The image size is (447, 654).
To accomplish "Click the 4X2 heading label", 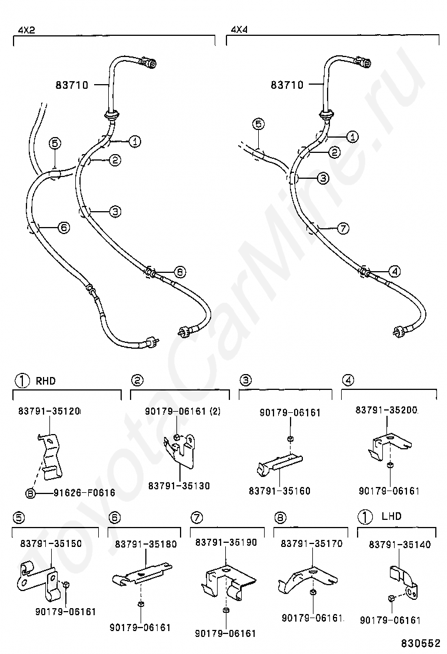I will click(26, 29).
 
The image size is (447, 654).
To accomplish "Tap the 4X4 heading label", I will click(239, 29).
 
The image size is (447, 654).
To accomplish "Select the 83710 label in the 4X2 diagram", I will click(72, 85).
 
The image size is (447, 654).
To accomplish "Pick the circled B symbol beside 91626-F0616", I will click(30, 493).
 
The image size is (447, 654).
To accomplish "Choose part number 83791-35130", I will click(179, 486).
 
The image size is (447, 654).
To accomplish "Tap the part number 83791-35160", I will click(279, 490).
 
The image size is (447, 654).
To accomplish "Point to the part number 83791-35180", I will click(146, 544).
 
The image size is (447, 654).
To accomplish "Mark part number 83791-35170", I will click(312, 544).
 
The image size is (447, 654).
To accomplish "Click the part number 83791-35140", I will click(400, 545).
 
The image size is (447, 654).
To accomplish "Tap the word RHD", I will click(46, 381).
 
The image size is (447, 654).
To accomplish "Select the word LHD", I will click(392, 516).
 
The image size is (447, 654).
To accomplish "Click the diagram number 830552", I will click(422, 644).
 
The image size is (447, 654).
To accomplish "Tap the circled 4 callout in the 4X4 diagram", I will click(394, 271).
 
